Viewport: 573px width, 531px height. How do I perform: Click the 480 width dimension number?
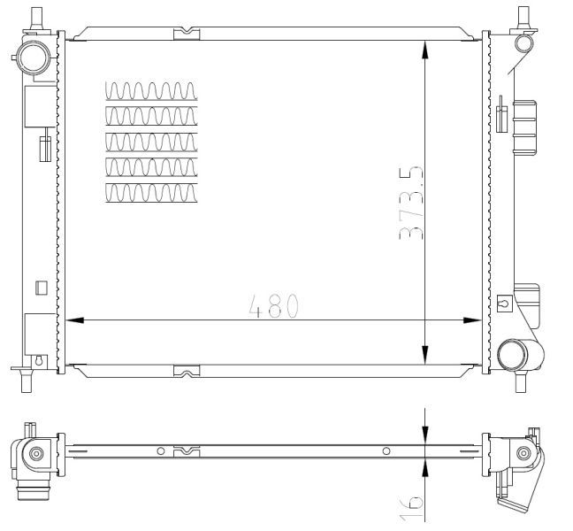point(275,305)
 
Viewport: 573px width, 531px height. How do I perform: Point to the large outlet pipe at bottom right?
point(515,356)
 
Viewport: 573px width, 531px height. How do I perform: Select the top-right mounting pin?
point(523,16)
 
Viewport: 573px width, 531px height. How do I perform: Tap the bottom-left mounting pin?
point(25,382)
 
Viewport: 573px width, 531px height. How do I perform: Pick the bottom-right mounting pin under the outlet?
point(521,381)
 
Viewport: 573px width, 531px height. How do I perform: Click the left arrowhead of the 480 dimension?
point(74,320)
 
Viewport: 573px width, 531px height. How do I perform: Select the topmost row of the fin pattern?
point(151,90)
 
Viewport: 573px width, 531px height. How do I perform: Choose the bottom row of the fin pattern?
point(151,193)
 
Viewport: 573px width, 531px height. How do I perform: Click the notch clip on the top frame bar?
point(186,35)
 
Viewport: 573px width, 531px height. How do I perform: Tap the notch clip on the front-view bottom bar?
point(186,371)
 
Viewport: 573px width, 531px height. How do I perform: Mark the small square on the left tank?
point(41,287)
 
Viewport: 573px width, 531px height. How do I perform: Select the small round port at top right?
point(523,42)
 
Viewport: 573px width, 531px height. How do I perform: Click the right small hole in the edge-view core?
point(386,451)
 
